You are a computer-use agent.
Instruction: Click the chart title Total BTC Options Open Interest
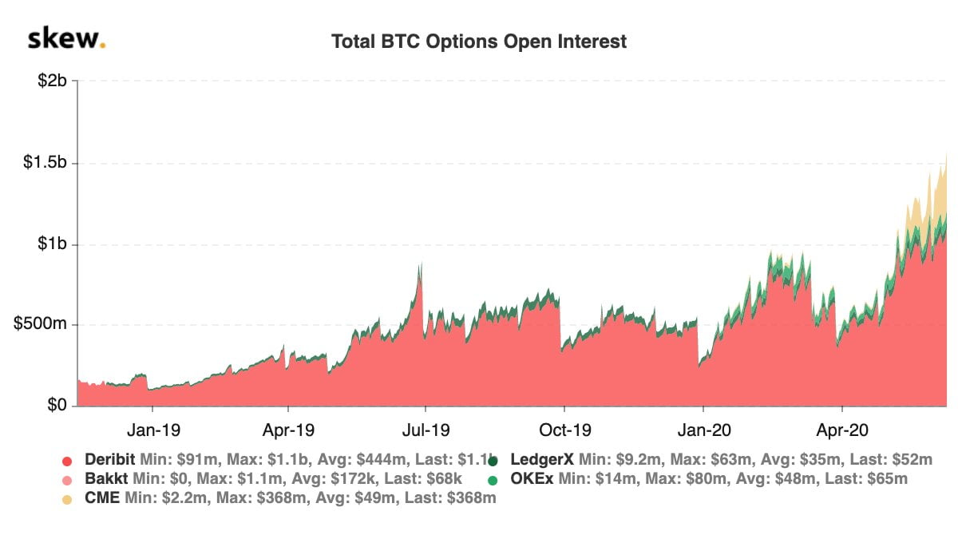click(479, 42)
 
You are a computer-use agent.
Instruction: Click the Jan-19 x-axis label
click(154, 430)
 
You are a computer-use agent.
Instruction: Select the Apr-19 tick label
click(288, 430)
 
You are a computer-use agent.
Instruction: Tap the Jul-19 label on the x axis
click(426, 430)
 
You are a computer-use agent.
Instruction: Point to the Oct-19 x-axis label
click(564, 430)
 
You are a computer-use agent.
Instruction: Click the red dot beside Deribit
click(68, 461)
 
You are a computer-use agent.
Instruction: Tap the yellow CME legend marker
click(68, 499)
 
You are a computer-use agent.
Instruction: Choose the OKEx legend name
click(532, 480)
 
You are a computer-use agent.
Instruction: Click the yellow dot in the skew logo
click(103, 46)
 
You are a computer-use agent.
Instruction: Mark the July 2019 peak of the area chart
click(420, 263)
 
